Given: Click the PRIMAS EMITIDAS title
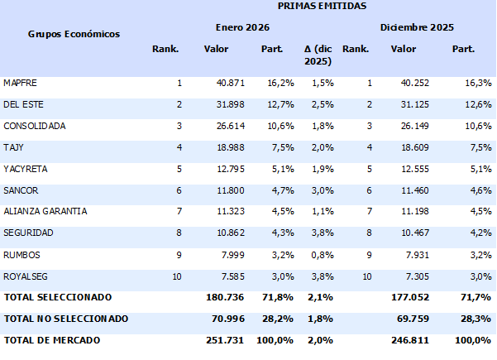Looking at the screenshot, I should (313, 7).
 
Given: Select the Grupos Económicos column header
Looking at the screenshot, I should (74, 34).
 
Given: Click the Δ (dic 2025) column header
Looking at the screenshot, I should (318, 55).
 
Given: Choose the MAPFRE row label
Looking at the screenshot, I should (20, 84).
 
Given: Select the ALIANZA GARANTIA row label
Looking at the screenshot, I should (45, 211).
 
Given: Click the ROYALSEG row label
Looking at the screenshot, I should (24, 275).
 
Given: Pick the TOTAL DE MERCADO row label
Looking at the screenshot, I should (52, 339).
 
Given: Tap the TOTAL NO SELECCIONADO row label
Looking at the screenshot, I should (66, 318).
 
